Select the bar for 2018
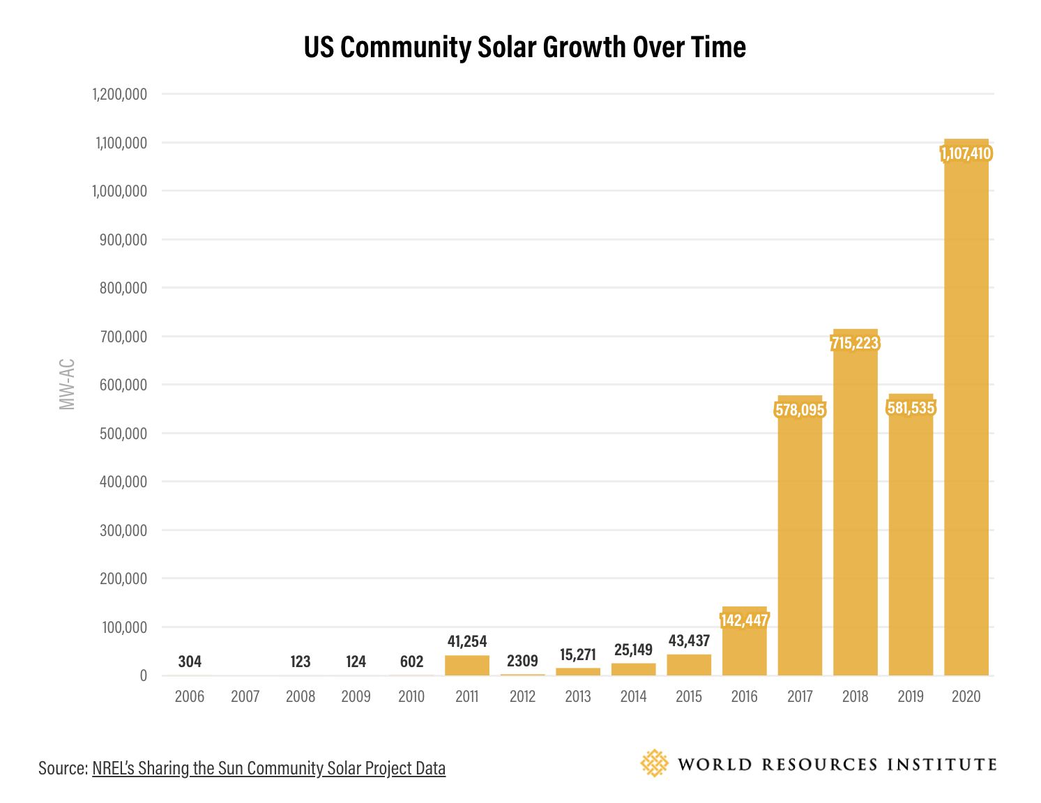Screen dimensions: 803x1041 [855, 509]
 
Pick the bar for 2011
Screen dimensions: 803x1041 [467, 666]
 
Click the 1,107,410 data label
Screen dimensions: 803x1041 [966, 153]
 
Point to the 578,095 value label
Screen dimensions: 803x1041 [800, 410]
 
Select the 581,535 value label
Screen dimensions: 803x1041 [911, 408]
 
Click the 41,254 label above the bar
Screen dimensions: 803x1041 [467, 641]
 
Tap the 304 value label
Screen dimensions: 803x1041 [190, 661]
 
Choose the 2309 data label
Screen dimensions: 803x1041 [522, 661]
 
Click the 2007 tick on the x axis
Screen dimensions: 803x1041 [245, 696]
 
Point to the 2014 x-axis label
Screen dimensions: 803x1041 [633, 696]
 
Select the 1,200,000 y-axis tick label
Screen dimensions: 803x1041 [120, 94]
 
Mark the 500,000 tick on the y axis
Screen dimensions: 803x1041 [123, 434]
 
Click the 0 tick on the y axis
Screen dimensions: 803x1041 [143, 675]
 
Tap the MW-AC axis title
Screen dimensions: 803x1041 [67, 384]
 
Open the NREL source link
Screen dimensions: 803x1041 [268, 768]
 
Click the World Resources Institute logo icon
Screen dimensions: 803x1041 [654, 764]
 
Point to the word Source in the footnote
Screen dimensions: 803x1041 [62, 768]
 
